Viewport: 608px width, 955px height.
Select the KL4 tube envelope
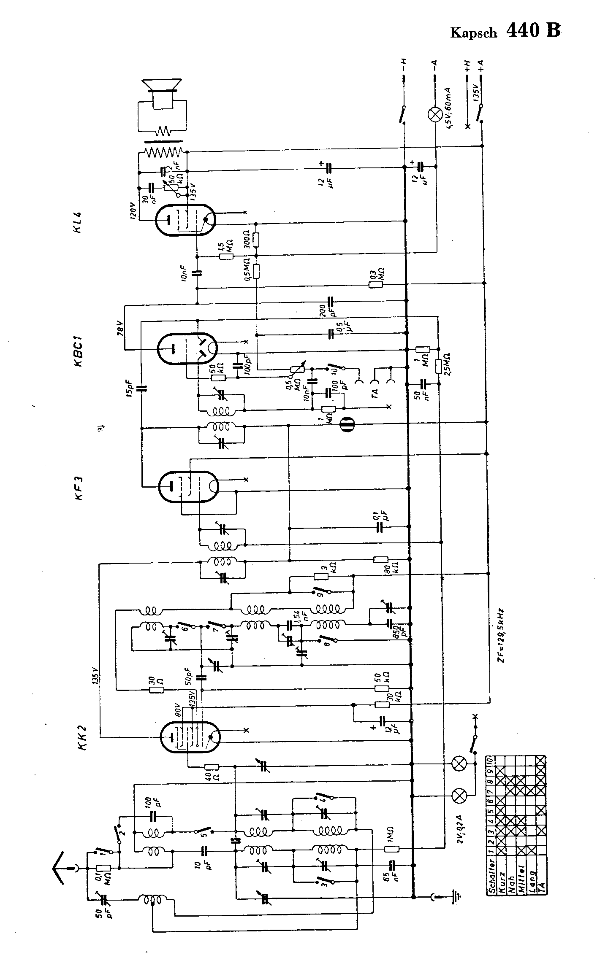185,219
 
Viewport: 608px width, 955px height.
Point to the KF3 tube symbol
188,486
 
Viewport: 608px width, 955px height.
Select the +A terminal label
480,64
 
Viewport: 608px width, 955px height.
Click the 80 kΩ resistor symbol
381,560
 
